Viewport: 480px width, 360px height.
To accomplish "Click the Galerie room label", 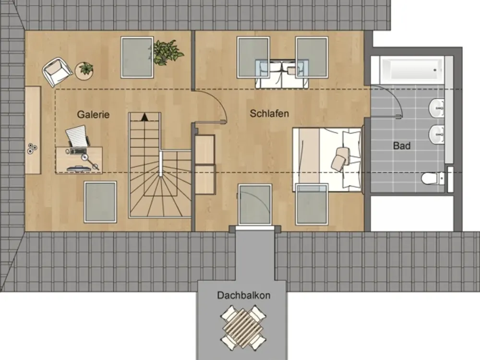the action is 93,115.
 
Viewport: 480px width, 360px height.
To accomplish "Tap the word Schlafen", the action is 269,114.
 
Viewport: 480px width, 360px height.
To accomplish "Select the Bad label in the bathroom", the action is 402,146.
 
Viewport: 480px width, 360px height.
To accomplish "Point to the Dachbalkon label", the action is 244,295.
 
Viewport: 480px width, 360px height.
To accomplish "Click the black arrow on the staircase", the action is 144,117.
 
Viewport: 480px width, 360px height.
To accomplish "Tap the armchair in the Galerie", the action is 57,72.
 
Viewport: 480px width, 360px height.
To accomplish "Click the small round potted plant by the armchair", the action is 84,71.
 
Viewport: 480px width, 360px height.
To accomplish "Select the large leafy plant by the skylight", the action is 167,52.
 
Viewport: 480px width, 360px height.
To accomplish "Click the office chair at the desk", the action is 77,136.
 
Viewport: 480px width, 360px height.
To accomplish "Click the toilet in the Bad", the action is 432,178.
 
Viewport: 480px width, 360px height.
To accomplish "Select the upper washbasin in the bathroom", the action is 436,108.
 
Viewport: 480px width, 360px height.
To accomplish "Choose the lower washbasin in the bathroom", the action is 436,134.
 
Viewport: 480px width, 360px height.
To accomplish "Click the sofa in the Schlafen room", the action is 282,75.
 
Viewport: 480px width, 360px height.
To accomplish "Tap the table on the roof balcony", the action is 243,328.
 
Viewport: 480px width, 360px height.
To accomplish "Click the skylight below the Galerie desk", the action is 100,202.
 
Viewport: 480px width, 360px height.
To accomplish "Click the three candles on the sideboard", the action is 32,148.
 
